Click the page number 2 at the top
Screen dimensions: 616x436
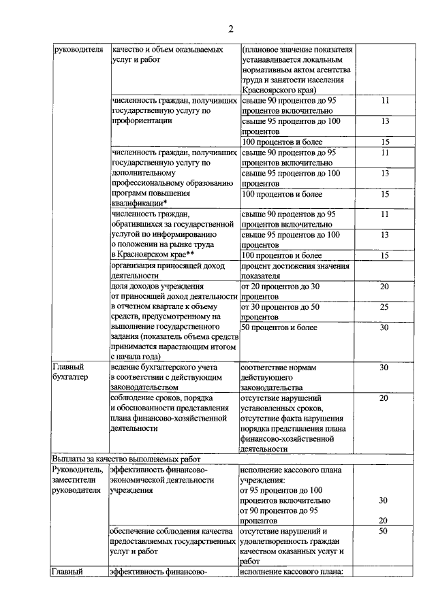[230, 29]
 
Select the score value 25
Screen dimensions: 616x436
[384, 308]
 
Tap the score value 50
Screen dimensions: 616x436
[384, 531]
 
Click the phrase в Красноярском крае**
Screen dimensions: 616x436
[153, 255]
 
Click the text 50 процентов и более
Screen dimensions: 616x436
[280, 328]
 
